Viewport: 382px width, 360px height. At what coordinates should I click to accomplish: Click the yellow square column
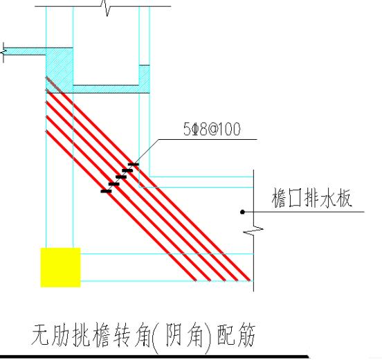[x=60, y=267]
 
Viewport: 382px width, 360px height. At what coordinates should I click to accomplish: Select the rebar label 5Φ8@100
[x=212, y=129]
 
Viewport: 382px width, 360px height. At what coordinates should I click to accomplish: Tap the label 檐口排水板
[x=312, y=198]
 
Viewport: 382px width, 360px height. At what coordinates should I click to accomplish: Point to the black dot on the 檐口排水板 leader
[x=242, y=212]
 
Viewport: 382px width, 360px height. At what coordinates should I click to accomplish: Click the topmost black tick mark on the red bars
[x=134, y=165]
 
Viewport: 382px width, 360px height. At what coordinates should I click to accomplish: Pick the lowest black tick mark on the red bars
[x=106, y=191]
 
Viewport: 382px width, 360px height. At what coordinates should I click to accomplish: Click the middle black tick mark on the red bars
[x=121, y=177]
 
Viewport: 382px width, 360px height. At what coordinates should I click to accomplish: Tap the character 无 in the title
[x=41, y=335]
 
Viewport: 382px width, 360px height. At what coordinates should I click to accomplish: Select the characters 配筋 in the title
[x=236, y=335]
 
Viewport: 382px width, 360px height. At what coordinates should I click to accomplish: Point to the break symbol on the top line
[x=107, y=8]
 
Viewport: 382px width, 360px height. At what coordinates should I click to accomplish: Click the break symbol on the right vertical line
[x=253, y=230]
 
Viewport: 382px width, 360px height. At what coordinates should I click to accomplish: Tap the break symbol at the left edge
[x=3, y=52]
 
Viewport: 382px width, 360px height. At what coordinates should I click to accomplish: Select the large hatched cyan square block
[x=60, y=70]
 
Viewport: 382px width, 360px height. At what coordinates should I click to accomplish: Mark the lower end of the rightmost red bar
[x=249, y=280]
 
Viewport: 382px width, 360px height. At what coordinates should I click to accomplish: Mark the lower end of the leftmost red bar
[x=195, y=280]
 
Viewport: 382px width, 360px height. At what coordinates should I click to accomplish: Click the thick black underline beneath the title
[x=154, y=357]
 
